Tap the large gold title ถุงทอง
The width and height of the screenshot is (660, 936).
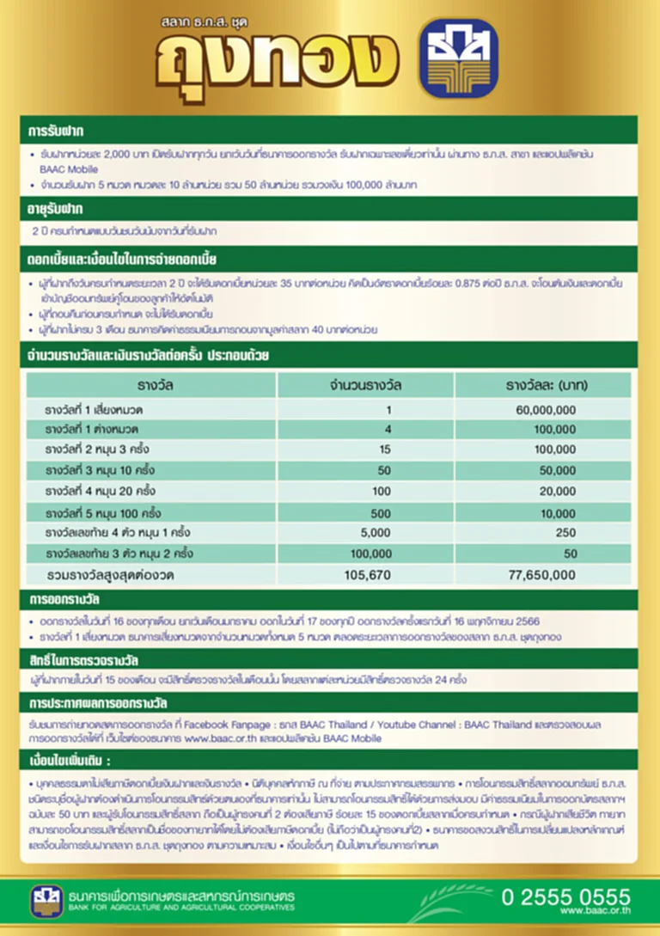277,61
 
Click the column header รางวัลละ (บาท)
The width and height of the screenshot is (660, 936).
546,385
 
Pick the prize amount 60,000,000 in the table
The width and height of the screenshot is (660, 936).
546,410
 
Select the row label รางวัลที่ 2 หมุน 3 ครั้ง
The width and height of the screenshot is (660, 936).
100,450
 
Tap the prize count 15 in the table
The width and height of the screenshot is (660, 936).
384,450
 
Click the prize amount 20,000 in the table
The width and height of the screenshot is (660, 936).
558,492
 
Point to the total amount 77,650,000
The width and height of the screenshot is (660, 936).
541,575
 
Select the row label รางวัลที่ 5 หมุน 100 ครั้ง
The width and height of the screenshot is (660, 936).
104,513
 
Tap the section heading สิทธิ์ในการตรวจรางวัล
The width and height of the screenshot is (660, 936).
83,661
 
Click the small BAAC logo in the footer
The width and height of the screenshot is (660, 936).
44,901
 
